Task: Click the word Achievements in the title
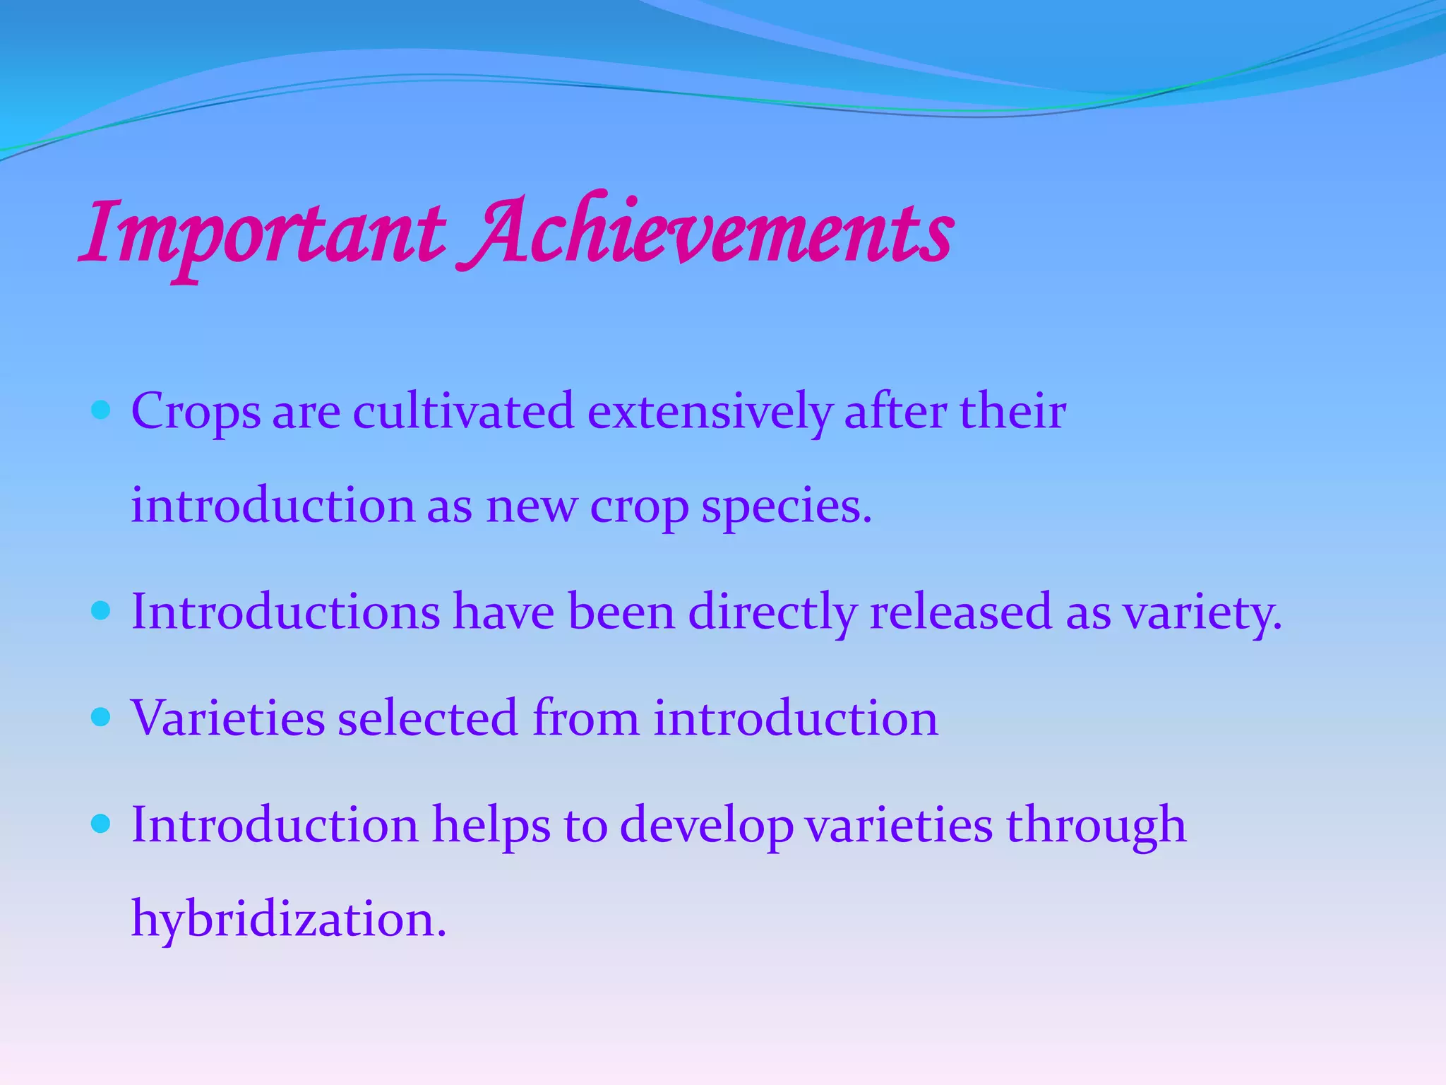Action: pos(706,233)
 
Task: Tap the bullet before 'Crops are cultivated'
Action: pos(102,410)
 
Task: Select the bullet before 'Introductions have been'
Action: pos(102,610)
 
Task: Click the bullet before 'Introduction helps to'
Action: pos(102,824)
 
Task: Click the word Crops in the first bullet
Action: pos(196,412)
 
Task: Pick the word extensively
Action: pos(709,412)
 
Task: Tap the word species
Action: pos(786,506)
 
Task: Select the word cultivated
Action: pos(463,412)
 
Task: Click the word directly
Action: pos(772,612)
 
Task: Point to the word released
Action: pos(961,612)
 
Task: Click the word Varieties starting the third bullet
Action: pos(227,718)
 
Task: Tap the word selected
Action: pos(428,718)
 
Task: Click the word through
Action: pos(1096,825)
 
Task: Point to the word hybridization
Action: pos(288,920)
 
